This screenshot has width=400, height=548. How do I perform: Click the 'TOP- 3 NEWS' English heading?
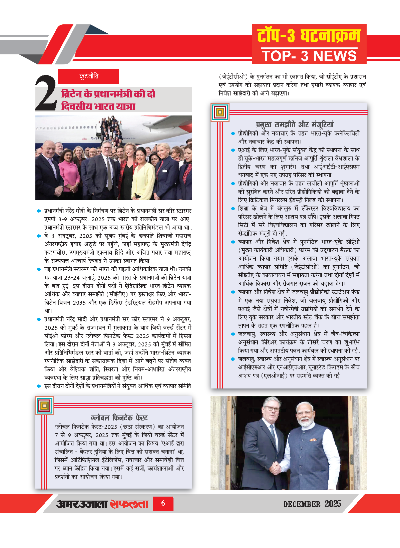(309, 56)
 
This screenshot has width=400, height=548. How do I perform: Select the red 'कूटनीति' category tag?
(88, 76)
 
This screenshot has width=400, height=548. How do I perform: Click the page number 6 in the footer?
(163, 503)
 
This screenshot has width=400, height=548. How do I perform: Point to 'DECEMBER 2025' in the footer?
(312, 504)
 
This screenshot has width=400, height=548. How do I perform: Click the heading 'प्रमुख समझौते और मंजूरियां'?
(295, 124)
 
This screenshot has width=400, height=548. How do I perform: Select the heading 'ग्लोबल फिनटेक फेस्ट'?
(119, 418)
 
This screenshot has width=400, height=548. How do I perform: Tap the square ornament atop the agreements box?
(220, 112)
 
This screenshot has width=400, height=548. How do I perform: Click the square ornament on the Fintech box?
(44, 405)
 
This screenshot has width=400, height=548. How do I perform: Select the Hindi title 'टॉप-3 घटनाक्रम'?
(309, 36)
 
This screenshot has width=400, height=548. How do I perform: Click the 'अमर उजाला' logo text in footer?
(82, 504)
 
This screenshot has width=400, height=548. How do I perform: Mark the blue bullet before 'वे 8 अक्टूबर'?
(39, 236)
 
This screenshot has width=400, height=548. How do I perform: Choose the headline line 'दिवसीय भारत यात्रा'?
(98, 106)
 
